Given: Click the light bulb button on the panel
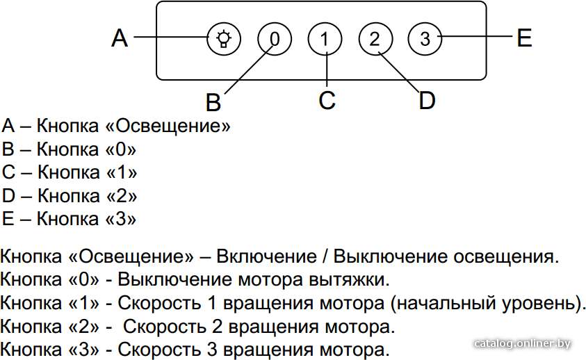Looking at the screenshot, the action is coord(224,39).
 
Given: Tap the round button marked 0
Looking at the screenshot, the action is coord(275,39).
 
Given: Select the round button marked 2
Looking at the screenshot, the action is coord(375,39).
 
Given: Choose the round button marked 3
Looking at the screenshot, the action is coord(425,39).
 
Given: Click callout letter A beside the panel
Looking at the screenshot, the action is coord(120,38).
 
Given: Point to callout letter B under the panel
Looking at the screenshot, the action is coord(213,101).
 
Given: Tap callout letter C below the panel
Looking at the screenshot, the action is coord(327,100).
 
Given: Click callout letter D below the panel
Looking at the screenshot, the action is coord(428,100).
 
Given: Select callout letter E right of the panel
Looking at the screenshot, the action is coord(524,38).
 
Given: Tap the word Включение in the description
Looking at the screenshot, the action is coord(266,256).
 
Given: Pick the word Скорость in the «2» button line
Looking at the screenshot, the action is coord(165,327).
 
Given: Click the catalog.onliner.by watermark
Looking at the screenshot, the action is coord(523,343).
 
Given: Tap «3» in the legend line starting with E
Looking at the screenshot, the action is coord(121,219).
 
